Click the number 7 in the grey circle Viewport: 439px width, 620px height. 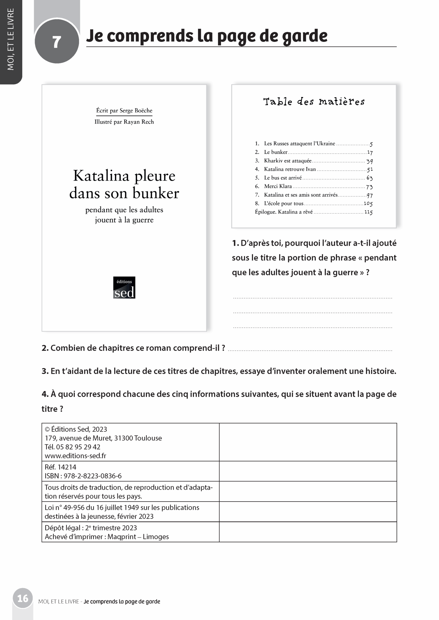(56, 42)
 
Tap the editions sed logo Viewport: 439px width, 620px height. (124, 287)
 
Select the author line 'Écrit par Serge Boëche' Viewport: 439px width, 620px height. (124, 110)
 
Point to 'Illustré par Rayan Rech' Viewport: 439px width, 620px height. (124, 122)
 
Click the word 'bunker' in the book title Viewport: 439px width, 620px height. (156, 193)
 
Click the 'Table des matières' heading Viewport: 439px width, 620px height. (314, 101)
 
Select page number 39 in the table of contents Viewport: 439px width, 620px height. (369, 161)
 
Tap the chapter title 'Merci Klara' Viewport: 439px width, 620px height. (278, 186)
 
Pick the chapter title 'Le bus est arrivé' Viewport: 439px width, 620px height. (283, 178)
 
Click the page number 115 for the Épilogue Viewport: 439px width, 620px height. (368, 212)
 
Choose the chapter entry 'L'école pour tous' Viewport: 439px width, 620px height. (284, 203)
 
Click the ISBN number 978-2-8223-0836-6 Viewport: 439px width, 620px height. (92, 476)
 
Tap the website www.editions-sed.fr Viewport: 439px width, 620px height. (75, 456)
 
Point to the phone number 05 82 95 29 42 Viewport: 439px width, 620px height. (78, 447)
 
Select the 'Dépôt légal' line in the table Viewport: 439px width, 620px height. (91, 528)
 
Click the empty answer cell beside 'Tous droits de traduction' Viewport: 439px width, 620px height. (308, 491)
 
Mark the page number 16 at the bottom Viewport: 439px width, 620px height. (23, 598)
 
